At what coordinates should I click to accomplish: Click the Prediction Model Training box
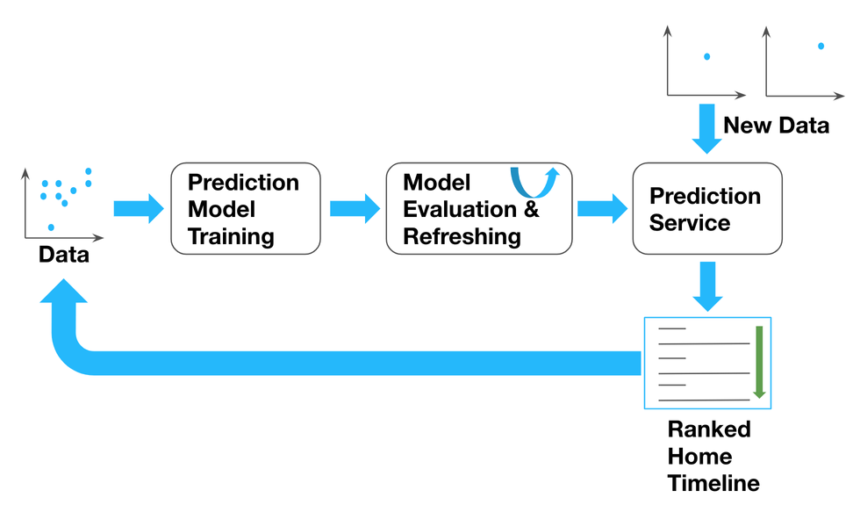[246, 208]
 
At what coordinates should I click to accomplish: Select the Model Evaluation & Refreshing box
[479, 208]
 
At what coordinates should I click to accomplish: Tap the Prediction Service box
[707, 208]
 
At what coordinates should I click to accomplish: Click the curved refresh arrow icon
[532, 181]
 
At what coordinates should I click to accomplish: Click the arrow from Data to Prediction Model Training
[139, 208]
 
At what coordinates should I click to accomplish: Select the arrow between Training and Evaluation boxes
[355, 208]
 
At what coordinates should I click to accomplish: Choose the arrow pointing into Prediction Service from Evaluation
[602, 208]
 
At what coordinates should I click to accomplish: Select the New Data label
[776, 126]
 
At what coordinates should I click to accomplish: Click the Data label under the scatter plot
[63, 256]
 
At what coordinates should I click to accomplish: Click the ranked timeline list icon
[707, 362]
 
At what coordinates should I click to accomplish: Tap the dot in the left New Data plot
[706, 57]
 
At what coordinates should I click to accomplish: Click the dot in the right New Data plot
[821, 46]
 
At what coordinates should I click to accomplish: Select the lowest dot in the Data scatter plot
[51, 227]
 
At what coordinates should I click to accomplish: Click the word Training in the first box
[231, 236]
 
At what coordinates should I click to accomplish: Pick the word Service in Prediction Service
[690, 223]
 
